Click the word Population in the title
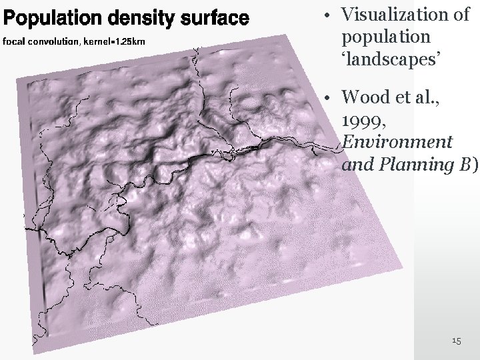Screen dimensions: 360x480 point(45,17)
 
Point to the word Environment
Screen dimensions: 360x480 point(397,142)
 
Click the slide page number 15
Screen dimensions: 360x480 point(457,341)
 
